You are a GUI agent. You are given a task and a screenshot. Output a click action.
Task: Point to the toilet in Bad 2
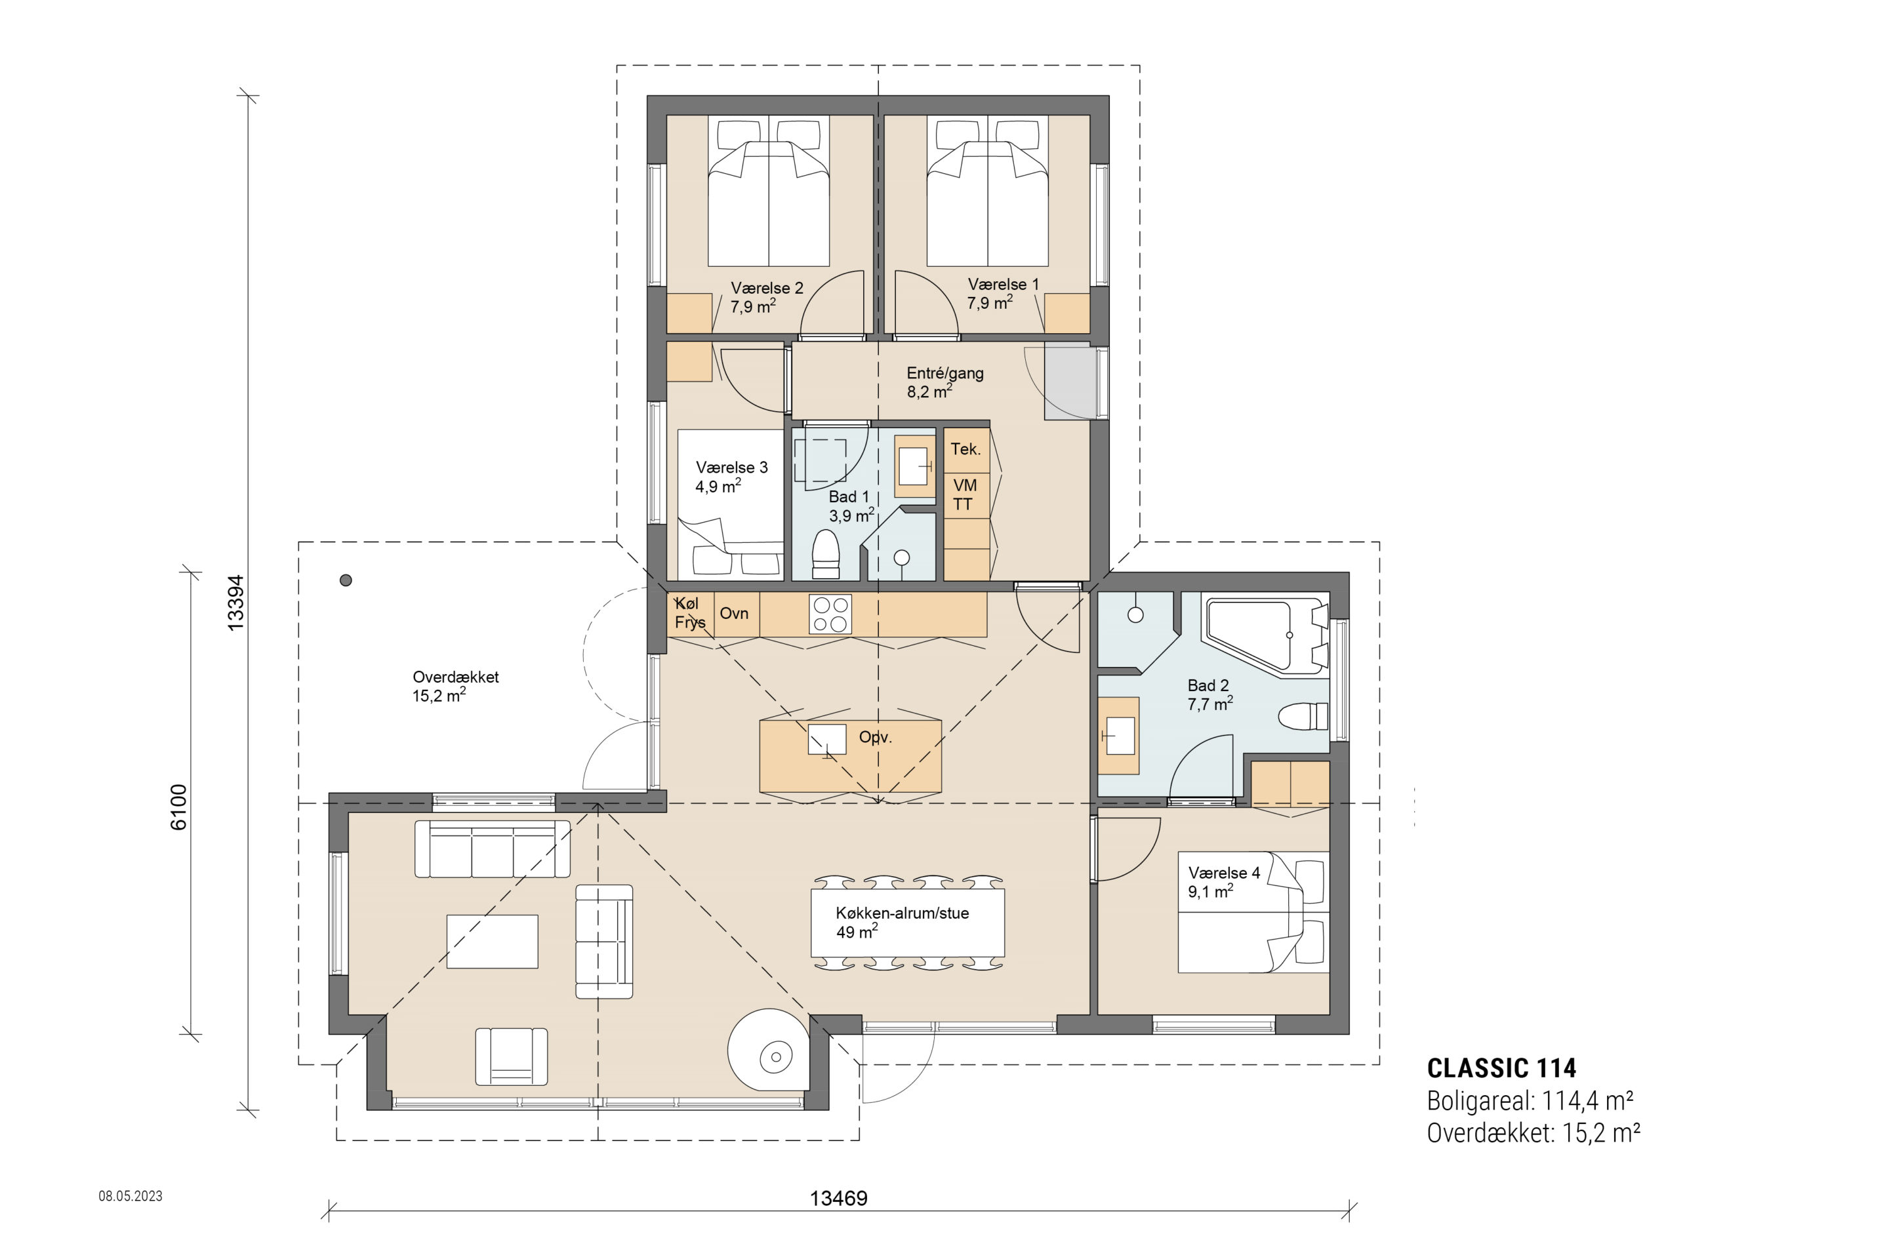pyautogui.click(x=1303, y=715)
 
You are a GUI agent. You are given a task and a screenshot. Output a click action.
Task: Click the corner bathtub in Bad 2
pyautogui.click(x=1265, y=634)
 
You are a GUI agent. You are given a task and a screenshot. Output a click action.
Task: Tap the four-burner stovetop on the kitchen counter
pyautogui.click(x=830, y=614)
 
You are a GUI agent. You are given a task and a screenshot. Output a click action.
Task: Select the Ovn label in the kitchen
pyautogui.click(x=734, y=614)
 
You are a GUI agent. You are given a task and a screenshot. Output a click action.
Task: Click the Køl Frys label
pyautogui.click(x=690, y=612)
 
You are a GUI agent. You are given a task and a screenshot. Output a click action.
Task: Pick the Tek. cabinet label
pyautogui.click(x=965, y=449)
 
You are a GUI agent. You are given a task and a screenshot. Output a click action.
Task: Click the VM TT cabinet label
pyautogui.click(x=965, y=494)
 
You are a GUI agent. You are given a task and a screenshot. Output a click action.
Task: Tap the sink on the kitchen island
pyautogui.click(x=827, y=740)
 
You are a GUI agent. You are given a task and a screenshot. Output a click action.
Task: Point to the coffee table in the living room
pyautogui.click(x=493, y=941)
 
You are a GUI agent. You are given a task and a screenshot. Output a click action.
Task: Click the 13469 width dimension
pyautogui.click(x=838, y=1199)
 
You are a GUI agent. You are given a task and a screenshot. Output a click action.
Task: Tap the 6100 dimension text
pyautogui.click(x=178, y=807)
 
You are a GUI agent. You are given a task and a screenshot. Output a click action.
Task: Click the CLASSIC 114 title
pyautogui.click(x=1501, y=1068)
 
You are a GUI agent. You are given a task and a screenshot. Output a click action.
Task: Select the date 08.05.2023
pyautogui.click(x=131, y=1195)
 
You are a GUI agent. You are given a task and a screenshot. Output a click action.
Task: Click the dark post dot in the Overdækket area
pyautogui.click(x=346, y=580)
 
